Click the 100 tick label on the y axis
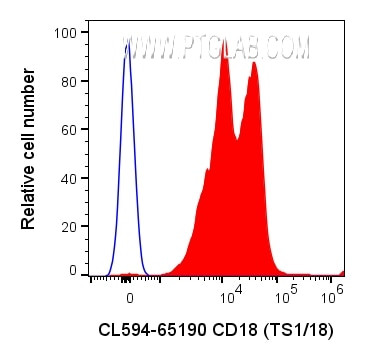pos(63,33)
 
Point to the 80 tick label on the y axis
pos(66,81)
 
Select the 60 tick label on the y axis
pos(66,128)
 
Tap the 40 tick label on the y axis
pos(66,176)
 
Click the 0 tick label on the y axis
pos(70,270)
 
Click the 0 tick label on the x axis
pos(129,296)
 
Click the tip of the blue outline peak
pos(127,43)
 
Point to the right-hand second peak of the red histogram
pos(254,62)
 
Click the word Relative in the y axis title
pos(29,197)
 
